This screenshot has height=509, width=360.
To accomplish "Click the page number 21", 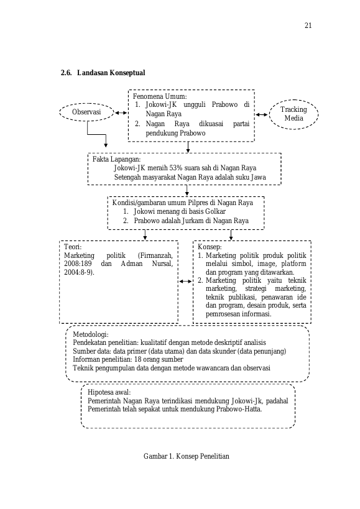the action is click(308, 25).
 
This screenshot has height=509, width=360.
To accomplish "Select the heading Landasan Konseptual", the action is click(111, 72).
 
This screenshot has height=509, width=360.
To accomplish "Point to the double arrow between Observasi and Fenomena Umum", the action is click(121, 112).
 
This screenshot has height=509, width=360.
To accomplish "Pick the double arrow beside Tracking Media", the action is click(262, 114).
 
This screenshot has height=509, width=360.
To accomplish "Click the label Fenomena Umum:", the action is click(160, 96).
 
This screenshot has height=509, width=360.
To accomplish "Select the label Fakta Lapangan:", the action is click(116, 159).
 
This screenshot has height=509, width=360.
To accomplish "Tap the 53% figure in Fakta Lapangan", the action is click(175, 168).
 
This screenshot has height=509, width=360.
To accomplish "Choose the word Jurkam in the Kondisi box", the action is click(192, 221).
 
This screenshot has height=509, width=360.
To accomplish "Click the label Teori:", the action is click(73, 247).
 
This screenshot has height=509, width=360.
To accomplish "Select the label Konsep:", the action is click(210, 247).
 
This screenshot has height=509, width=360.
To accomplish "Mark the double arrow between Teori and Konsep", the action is click(186, 281).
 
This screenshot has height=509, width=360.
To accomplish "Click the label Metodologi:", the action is click(91, 334).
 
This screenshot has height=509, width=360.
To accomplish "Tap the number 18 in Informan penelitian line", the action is click(137, 359).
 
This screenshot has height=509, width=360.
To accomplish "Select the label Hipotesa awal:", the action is click(109, 392).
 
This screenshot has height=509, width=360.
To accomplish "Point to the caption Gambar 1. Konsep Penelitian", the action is click(187, 456).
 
